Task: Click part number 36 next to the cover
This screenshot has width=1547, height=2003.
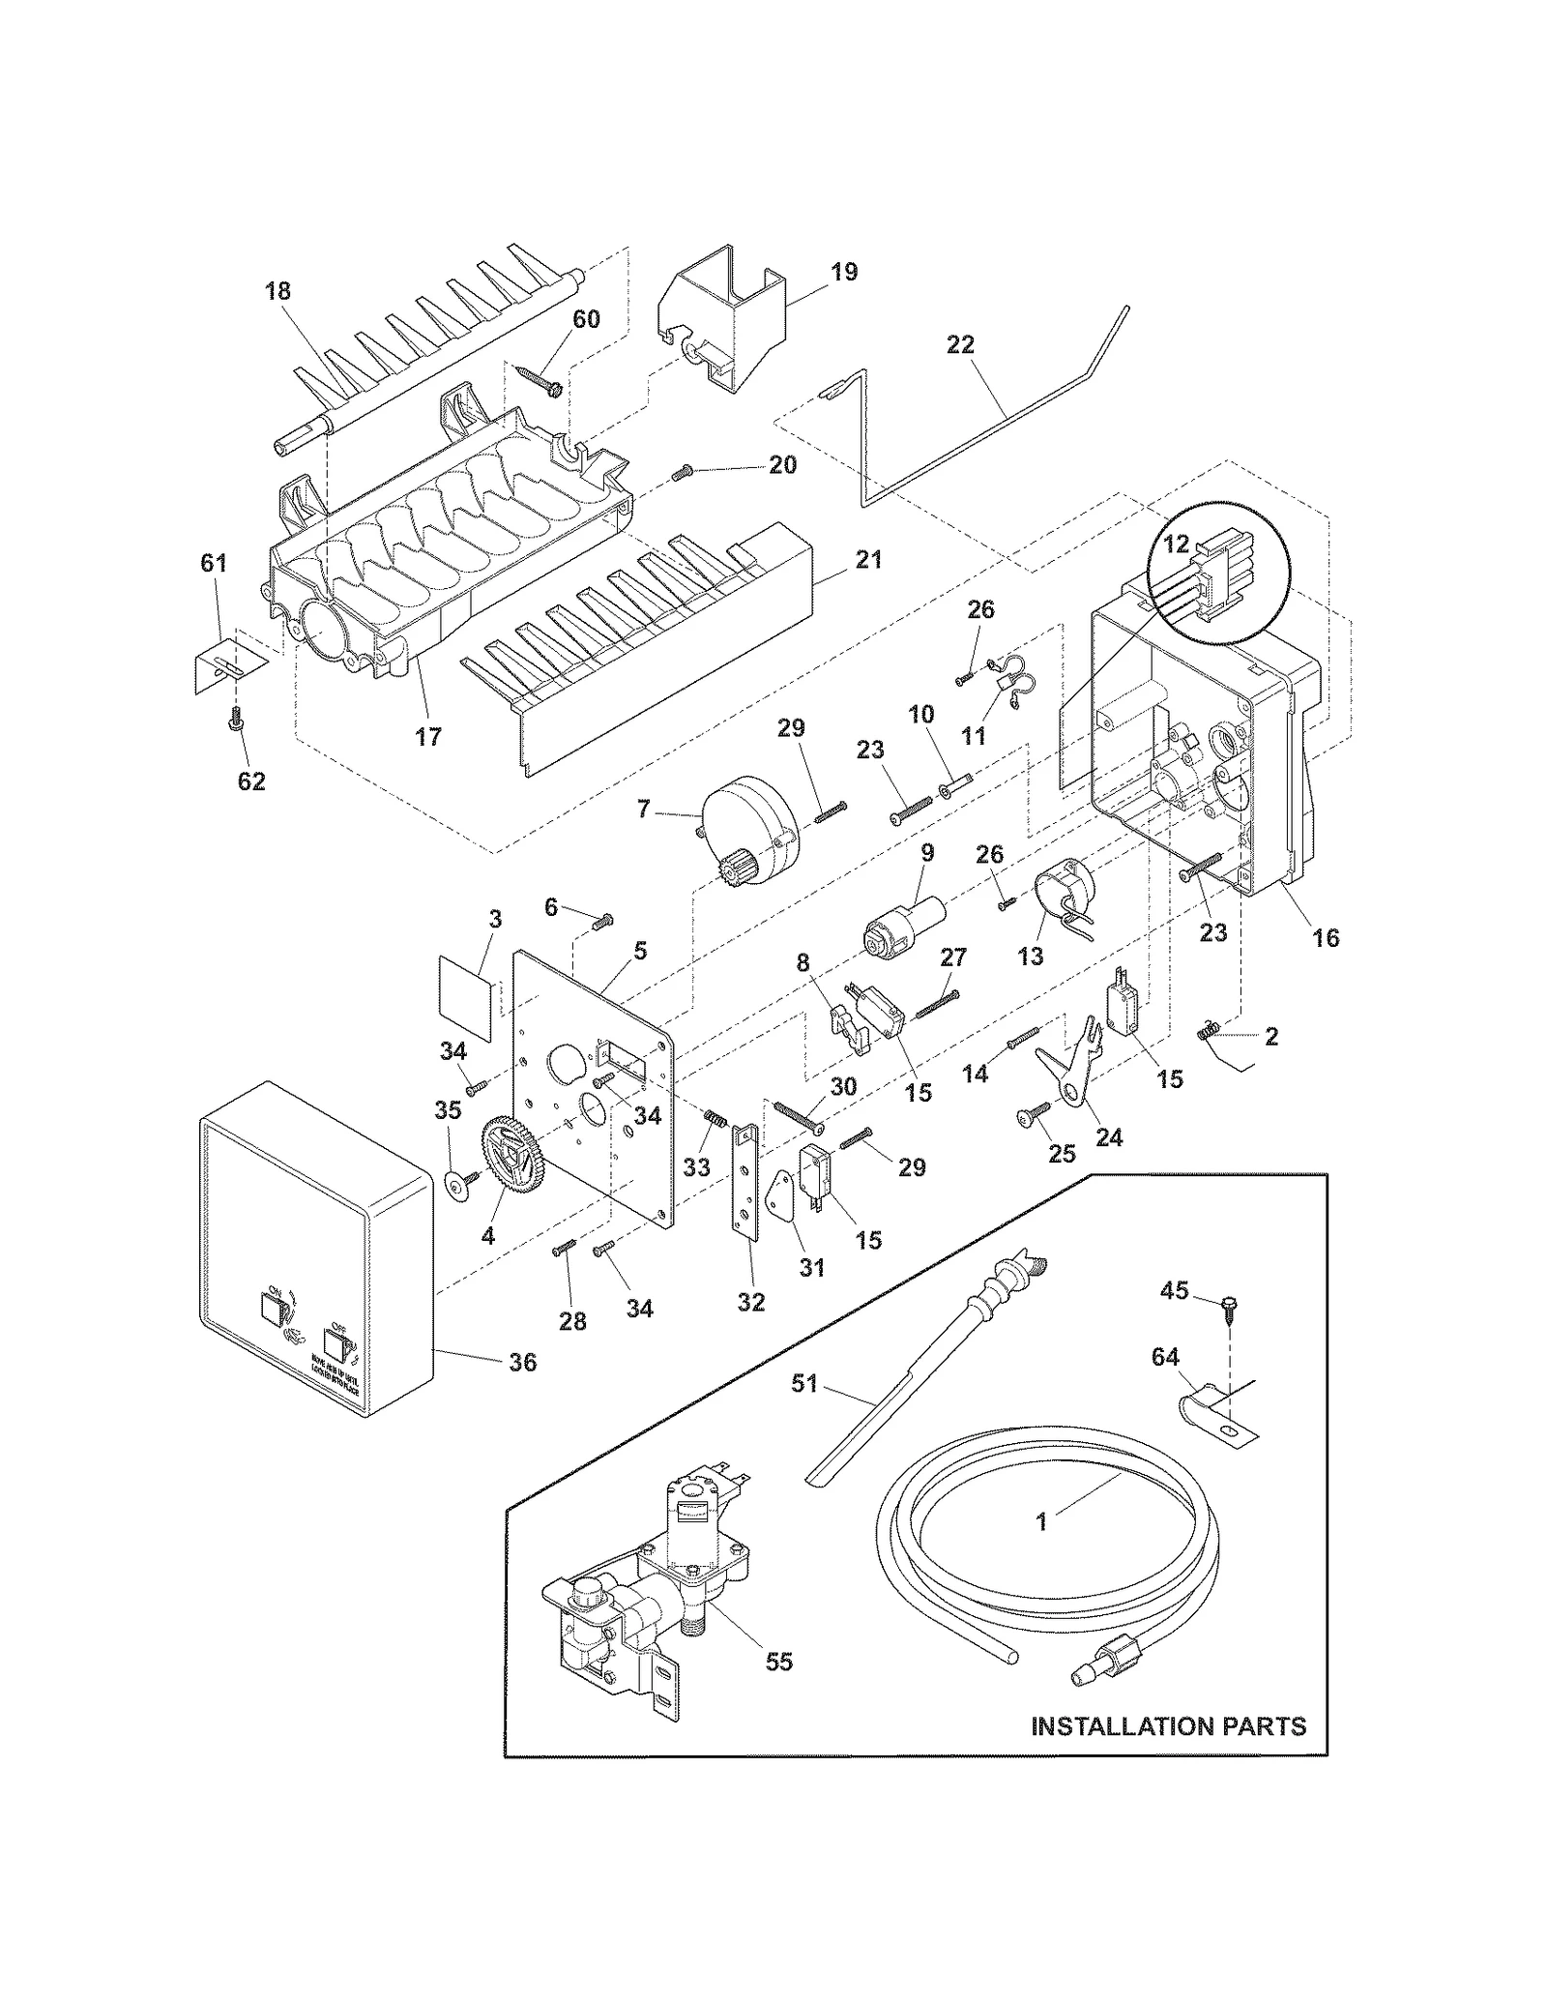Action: click(522, 1362)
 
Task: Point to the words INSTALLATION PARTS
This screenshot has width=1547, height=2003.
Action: click(1168, 1725)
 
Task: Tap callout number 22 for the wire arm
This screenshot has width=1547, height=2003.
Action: click(960, 345)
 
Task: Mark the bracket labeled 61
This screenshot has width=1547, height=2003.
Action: click(228, 664)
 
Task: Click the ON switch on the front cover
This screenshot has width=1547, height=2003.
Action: click(274, 1311)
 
